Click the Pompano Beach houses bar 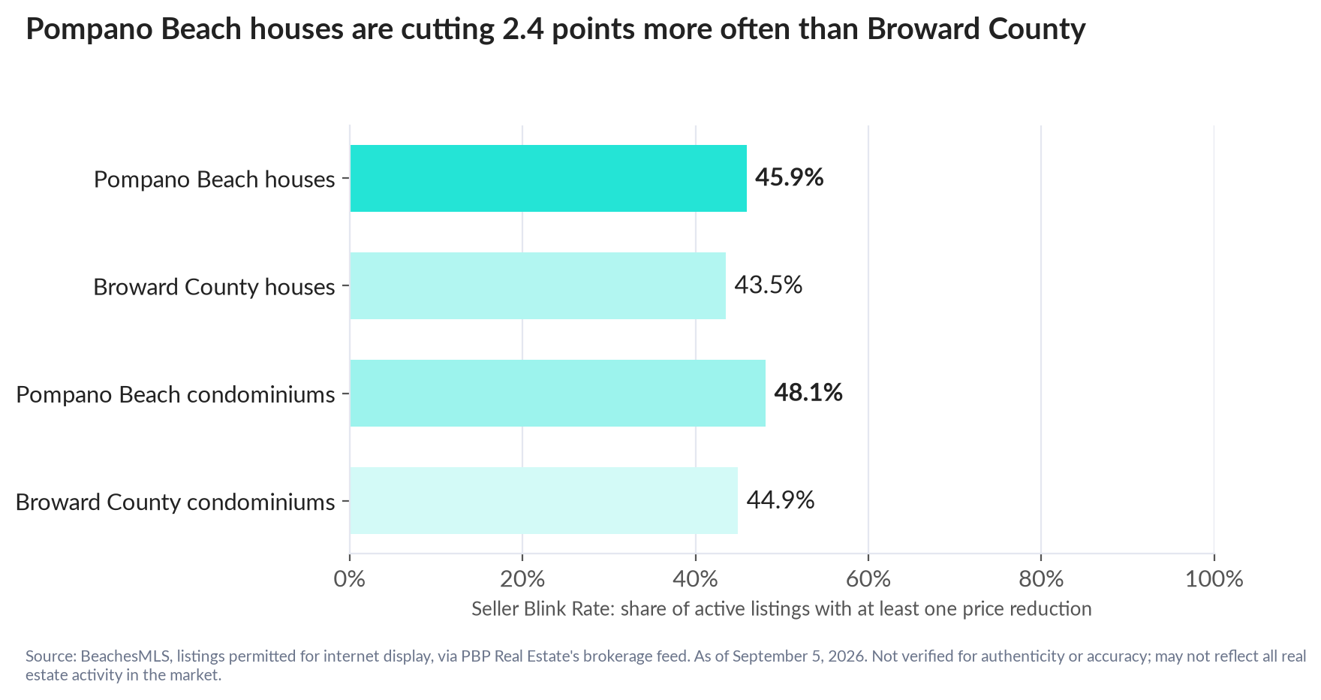click(x=549, y=179)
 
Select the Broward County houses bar click(x=538, y=286)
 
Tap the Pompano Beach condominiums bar click(x=558, y=394)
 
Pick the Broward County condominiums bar click(x=544, y=501)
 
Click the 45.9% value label click(x=790, y=178)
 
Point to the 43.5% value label click(x=769, y=285)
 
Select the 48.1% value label click(x=808, y=393)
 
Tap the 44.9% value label click(x=781, y=500)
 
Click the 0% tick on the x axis click(x=350, y=580)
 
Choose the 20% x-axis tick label click(x=522, y=580)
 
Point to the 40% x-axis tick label click(x=696, y=580)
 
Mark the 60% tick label click(x=868, y=580)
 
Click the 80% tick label click(x=1041, y=580)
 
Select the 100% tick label click(x=1214, y=580)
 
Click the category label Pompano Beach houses click(x=215, y=180)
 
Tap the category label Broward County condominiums click(x=176, y=502)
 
